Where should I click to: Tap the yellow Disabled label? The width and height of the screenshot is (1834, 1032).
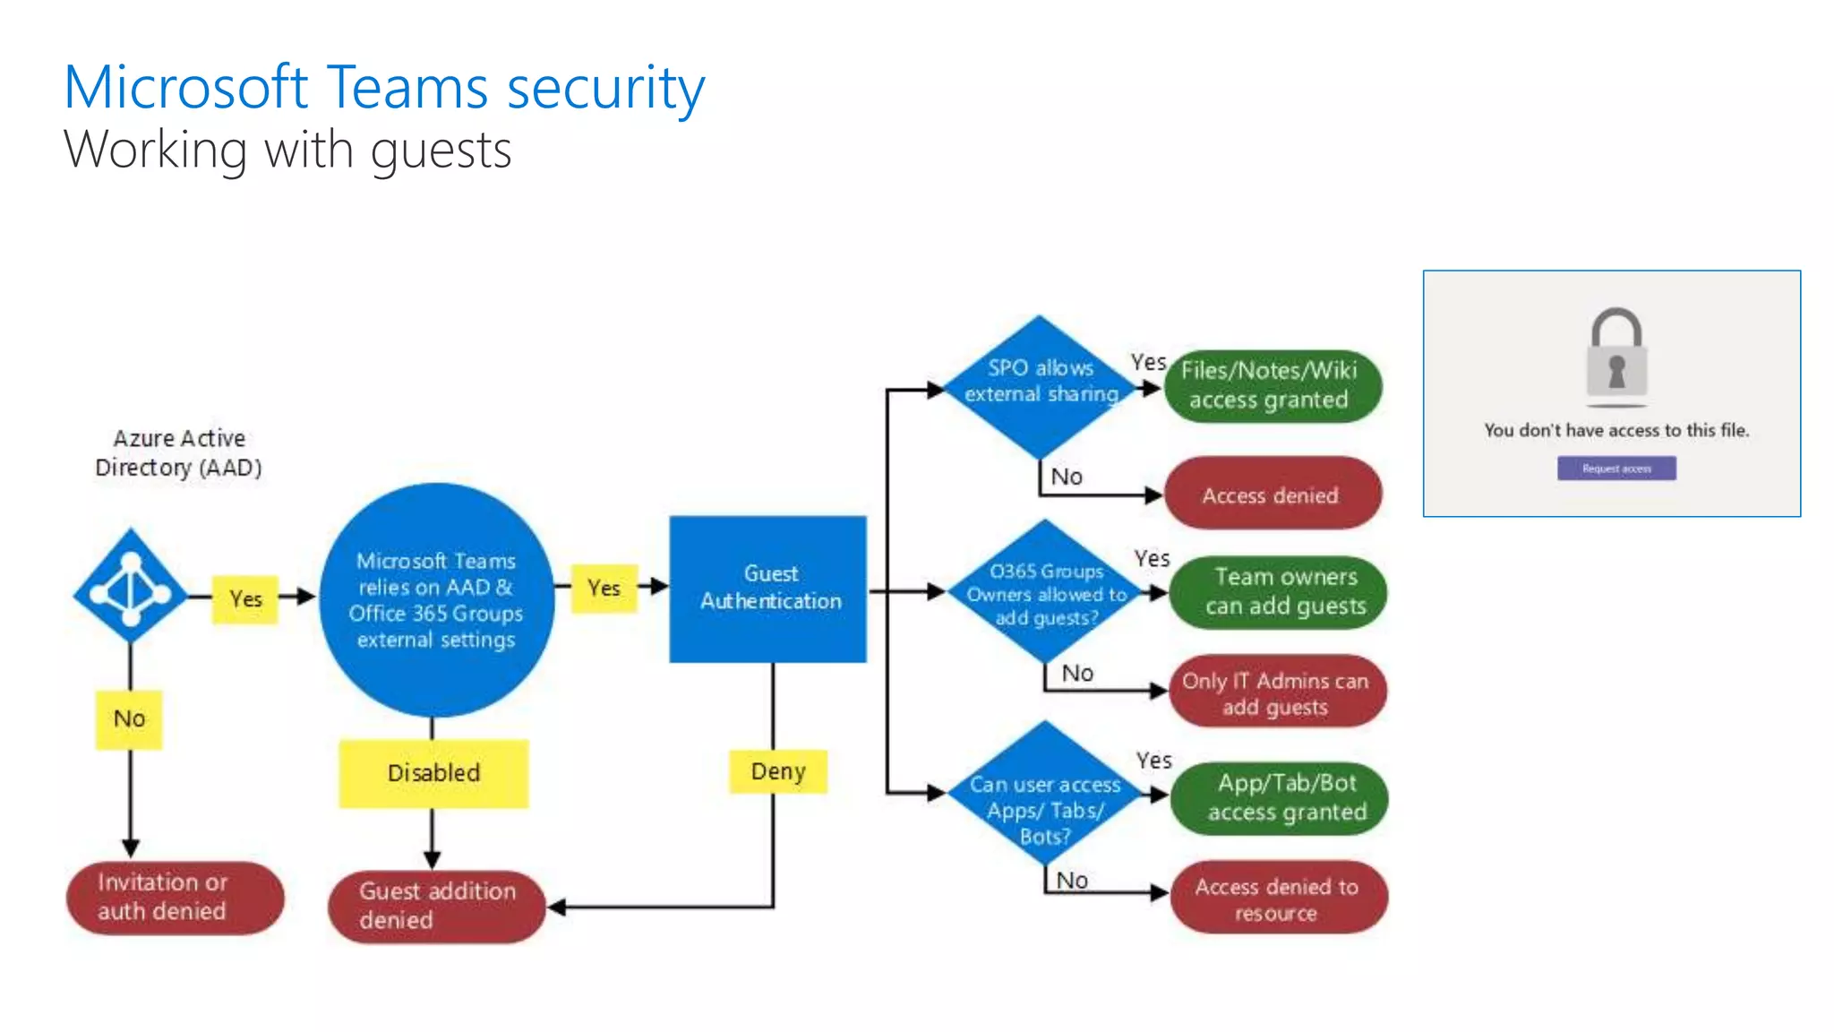click(433, 773)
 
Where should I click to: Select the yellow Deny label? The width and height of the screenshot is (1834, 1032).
click(777, 771)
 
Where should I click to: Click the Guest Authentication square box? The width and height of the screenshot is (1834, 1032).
click(768, 589)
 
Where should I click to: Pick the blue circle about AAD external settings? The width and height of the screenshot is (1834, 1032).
click(436, 599)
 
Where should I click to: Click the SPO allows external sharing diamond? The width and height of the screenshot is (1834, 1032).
click(1040, 386)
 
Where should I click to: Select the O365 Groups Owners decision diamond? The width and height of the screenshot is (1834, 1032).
click(1045, 592)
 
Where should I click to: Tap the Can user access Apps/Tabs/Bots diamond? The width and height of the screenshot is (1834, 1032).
click(1045, 795)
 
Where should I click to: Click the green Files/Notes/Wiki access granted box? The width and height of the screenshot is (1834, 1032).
click(1272, 386)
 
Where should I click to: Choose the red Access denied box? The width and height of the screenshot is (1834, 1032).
click(1272, 494)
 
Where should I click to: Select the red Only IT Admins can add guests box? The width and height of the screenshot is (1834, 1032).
click(1277, 692)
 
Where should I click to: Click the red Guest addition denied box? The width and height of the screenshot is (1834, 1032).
click(436, 906)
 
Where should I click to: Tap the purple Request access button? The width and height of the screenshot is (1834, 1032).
click(1616, 469)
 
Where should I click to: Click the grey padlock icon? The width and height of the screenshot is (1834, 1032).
click(1616, 354)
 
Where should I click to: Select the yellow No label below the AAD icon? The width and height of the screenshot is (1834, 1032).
click(129, 718)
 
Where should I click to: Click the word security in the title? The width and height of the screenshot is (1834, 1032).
click(605, 89)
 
